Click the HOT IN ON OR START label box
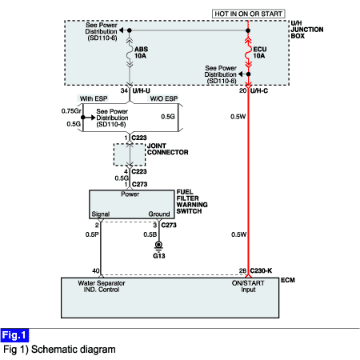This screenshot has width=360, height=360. pos(248,14)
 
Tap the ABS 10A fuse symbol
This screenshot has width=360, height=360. pos(130,52)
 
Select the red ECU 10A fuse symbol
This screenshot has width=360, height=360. pos(249,52)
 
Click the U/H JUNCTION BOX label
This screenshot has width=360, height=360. pos(307,30)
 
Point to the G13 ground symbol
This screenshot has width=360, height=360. pos(158,246)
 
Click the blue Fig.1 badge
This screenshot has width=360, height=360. pos(14,335)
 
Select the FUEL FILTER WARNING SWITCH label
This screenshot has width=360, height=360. pos(192,202)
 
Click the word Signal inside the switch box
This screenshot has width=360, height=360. pos(101,214)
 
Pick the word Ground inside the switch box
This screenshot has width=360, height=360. pos(159,214)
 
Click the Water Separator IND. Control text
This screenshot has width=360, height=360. pos(102,286)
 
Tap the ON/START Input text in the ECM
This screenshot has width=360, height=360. pos(248,286)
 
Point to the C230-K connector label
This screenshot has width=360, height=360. pos(261,270)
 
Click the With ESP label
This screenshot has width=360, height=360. pos(94,98)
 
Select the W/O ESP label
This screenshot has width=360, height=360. pos(164,98)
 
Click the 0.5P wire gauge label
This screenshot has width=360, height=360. pos(92,234)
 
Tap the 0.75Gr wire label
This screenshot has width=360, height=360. pos(71,111)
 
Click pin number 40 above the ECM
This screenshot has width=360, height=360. pos(96,271)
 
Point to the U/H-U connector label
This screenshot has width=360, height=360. pos(141,91)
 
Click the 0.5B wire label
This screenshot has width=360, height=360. pos(150,234)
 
